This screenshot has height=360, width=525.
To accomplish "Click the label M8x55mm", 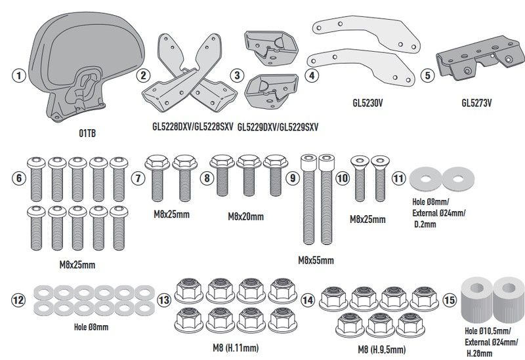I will pyautogui.click(x=316, y=260).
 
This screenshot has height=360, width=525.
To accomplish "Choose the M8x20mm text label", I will pyautogui.click(x=246, y=217).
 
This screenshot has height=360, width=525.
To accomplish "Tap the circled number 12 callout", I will pyautogui.click(x=19, y=300).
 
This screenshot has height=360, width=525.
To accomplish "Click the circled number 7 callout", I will pyautogui.click(x=138, y=178).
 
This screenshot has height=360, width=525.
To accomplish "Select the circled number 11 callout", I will pyautogui.click(x=398, y=178).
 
